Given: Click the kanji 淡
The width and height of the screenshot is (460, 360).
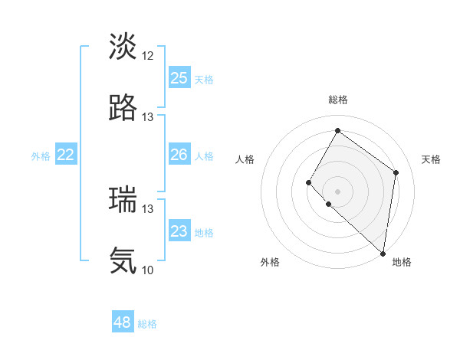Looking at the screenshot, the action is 123,47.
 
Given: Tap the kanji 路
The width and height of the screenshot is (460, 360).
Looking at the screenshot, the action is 123,108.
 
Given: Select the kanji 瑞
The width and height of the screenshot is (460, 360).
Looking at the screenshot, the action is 123,200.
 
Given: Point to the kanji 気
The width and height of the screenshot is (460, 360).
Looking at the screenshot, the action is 123,261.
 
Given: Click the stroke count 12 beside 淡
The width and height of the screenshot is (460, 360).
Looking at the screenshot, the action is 148,56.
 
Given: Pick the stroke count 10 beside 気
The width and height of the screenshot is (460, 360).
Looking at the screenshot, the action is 148,270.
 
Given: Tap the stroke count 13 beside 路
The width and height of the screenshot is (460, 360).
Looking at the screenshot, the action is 148,117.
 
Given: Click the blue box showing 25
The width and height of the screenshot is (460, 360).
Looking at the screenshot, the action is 179,78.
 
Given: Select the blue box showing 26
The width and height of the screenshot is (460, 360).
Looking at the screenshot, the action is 179,155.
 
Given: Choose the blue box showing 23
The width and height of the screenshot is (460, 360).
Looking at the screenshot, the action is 179,232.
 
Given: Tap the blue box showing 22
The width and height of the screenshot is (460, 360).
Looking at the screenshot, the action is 66,155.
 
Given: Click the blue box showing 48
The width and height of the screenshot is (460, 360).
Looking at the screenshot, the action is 123,322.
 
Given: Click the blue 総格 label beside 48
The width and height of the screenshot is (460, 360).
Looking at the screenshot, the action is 147,324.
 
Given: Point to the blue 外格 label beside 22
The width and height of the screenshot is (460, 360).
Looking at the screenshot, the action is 41,156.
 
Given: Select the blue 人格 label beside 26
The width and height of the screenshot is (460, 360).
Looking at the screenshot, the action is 204,156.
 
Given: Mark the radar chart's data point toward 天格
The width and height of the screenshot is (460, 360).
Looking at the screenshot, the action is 396,172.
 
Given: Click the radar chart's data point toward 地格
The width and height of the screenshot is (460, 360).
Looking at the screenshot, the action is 383,254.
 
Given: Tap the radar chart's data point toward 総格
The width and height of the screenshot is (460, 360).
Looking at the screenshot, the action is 337,131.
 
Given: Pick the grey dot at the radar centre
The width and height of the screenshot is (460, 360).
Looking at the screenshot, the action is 337,191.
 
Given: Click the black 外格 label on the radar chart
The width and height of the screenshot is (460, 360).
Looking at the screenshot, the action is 270,262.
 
